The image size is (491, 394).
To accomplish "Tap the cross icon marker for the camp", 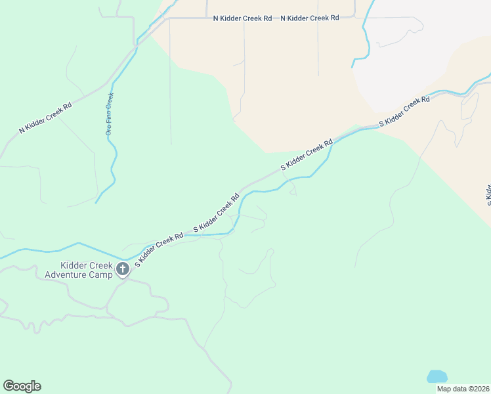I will coord(122,269).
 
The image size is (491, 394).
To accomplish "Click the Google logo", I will coord(22,386).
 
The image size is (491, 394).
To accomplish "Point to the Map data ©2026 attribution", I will coord(462,389).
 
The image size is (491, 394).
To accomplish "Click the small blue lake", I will coord(437,376).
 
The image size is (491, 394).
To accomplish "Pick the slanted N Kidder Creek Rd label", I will coord(45,118).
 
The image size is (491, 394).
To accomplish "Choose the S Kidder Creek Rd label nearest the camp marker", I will coord(159,250).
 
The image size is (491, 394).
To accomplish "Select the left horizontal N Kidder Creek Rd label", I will coord(242,18).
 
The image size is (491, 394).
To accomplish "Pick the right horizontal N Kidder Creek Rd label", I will coord(309,18).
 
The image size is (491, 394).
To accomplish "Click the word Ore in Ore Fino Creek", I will coord(110,129).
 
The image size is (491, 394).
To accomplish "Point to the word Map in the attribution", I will coord(444,389).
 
